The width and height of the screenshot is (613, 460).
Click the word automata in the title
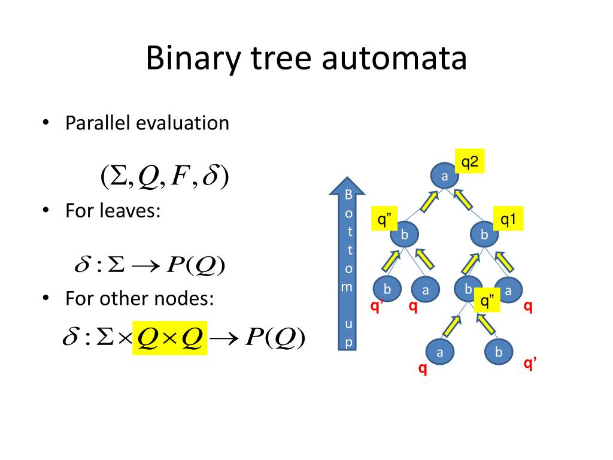(x=394, y=59)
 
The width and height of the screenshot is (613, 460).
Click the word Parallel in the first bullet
(x=98, y=123)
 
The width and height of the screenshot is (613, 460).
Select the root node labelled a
(x=444, y=176)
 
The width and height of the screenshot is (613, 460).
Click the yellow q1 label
(x=508, y=220)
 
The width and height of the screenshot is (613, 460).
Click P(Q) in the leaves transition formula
(x=196, y=265)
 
